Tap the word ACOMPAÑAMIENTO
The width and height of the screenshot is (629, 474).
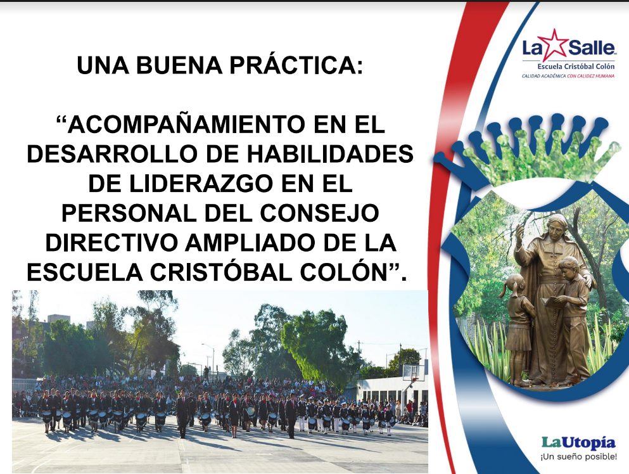click(186, 124)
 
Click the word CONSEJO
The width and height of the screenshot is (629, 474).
click(320, 213)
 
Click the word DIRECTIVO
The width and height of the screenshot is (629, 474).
click(111, 243)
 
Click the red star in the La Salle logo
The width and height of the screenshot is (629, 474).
click(554, 44)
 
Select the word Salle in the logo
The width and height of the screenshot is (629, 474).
click(591, 48)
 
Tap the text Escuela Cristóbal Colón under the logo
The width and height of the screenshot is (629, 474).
click(576, 67)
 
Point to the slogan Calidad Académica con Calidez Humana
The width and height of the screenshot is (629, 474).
click(568, 76)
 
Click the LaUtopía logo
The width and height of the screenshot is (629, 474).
click(578, 442)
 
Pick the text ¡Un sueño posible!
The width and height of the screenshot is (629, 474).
click(578, 457)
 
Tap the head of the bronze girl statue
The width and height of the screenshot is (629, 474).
click(516, 284)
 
